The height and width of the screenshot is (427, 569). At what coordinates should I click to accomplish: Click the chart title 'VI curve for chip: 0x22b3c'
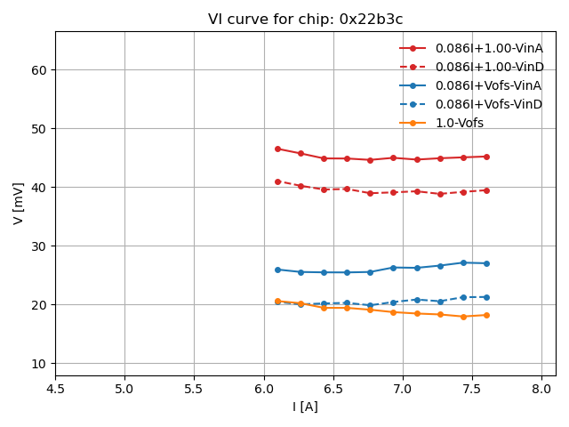click(305, 20)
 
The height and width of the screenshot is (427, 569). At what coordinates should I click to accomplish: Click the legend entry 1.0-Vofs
click(459, 123)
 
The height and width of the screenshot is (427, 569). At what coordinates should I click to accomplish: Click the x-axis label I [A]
click(305, 407)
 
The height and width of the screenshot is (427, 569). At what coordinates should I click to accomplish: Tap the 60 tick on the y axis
click(38, 69)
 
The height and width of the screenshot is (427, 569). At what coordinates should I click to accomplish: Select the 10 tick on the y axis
click(38, 364)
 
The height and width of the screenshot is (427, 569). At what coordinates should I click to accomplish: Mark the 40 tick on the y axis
click(38, 188)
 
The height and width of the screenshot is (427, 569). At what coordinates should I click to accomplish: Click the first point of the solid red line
click(277, 149)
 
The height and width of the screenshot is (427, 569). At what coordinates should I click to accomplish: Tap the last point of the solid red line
click(486, 157)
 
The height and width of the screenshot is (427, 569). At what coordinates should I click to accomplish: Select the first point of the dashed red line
click(277, 181)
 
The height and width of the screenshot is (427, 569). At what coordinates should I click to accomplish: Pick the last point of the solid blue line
click(486, 263)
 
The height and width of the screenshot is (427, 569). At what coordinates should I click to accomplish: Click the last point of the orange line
click(486, 315)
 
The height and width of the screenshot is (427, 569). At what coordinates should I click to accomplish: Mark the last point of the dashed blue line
click(486, 297)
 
